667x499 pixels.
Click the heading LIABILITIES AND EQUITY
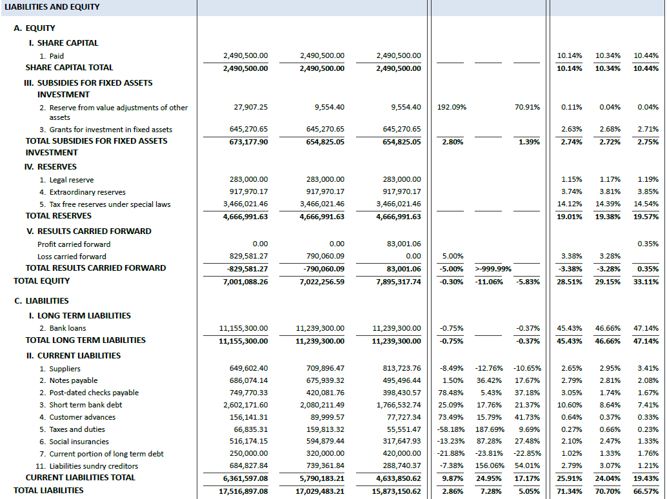coord(52,7)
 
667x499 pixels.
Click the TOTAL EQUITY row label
coord(42,281)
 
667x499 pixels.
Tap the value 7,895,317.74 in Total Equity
coord(398,281)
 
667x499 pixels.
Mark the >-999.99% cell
coord(493,268)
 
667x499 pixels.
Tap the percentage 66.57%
coord(646,491)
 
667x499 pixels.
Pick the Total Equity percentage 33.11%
coord(646,281)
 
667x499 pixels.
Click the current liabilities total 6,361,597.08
coord(246,478)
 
